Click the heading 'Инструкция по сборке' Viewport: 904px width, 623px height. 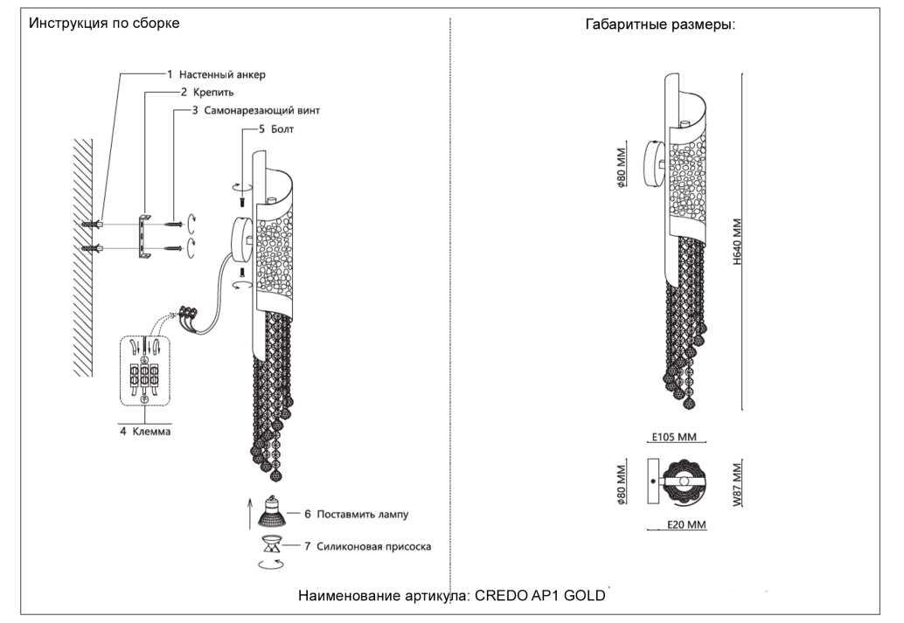click(x=104, y=24)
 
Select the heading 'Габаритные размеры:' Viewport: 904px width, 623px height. click(x=660, y=24)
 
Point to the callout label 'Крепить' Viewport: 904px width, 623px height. click(x=212, y=92)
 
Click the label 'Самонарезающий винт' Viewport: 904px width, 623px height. click(x=262, y=111)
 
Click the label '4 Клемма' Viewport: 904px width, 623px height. click(x=145, y=432)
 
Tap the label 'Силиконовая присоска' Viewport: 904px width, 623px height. click(x=373, y=546)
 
